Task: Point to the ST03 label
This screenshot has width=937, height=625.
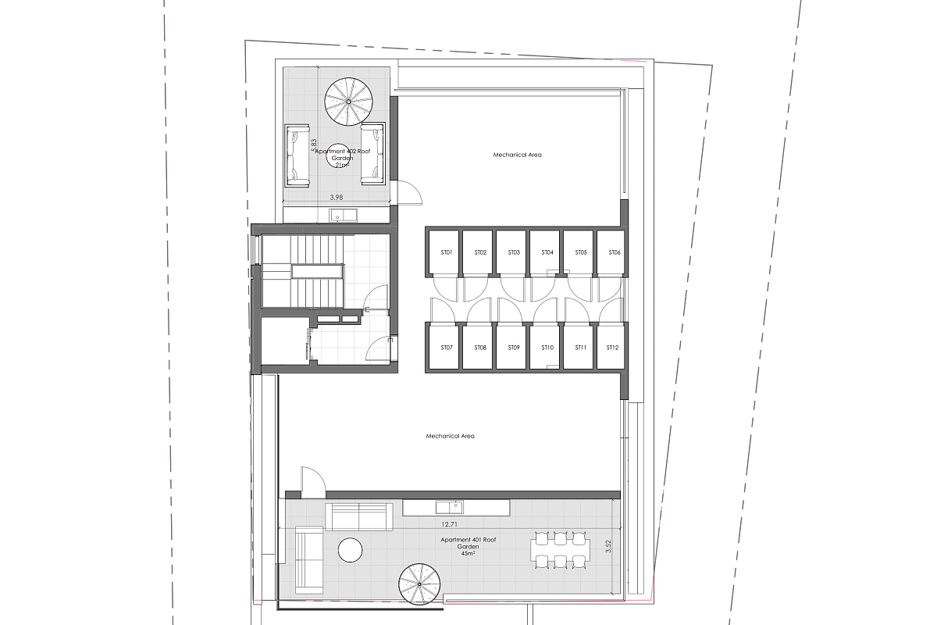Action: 514,252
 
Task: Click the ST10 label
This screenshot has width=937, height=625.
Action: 547,348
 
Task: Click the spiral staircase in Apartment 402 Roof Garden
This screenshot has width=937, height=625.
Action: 348,102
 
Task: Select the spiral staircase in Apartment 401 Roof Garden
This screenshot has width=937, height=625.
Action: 419,584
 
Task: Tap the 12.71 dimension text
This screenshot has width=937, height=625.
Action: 449,524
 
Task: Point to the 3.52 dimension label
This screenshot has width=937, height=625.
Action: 608,546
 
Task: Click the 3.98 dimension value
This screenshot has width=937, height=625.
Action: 337,197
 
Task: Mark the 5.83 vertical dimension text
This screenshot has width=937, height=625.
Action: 314,145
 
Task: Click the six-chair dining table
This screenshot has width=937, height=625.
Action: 561,550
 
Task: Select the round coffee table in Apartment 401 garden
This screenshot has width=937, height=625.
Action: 350,550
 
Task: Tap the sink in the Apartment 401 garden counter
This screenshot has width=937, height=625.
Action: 449,507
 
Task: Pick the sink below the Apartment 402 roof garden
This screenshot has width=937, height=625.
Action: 343,216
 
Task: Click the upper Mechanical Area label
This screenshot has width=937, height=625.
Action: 517,155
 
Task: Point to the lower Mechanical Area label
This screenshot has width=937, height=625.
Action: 450,436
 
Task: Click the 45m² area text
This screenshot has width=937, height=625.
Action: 468,553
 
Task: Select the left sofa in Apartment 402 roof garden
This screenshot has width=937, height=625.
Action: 297,155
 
